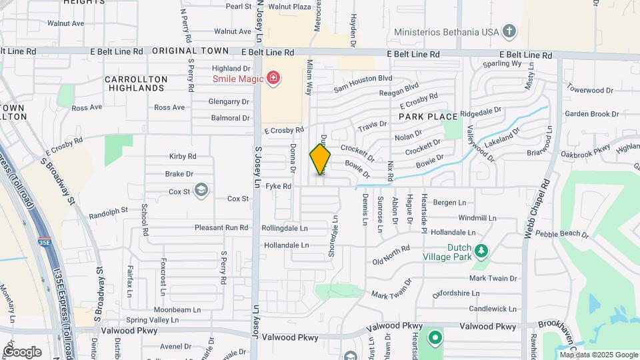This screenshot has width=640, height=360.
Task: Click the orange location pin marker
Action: click(x=321, y=159)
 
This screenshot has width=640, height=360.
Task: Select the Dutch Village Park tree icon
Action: click(x=481, y=251)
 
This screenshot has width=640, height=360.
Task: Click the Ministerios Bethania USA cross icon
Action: click(x=509, y=31)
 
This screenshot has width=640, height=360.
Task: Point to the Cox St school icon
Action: click(x=201, y=192)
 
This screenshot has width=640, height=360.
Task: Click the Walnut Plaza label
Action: click(x=289, y=7)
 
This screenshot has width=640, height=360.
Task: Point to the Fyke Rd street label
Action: click(x=279, y=187)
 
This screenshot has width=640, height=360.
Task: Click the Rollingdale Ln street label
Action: click(x=285, y=228)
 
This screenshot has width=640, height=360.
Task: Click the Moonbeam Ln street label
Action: click(x=177, y=310)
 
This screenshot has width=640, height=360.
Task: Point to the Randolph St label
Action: click(x=108, y=212)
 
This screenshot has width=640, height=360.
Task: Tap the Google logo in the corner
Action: click(x=22, y=351)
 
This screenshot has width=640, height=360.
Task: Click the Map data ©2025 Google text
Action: click(x=599, y=355)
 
